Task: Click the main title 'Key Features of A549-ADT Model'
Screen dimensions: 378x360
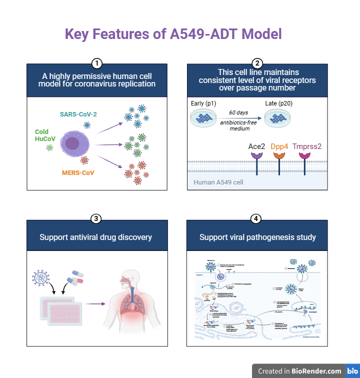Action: [x=173, y=34]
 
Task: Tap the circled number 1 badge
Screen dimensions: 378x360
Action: [x=97, y=63]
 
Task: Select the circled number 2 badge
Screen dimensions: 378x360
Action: [x=257, y=63]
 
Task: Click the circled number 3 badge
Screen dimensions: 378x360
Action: [x=97, y=218]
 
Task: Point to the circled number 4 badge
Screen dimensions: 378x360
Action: [x=257, y=218]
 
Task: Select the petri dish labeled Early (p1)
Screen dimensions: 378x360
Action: [x=204, y=118]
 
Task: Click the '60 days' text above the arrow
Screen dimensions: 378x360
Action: [x=238, y=112]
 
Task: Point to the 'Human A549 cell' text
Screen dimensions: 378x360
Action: [x=218, y=182]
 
